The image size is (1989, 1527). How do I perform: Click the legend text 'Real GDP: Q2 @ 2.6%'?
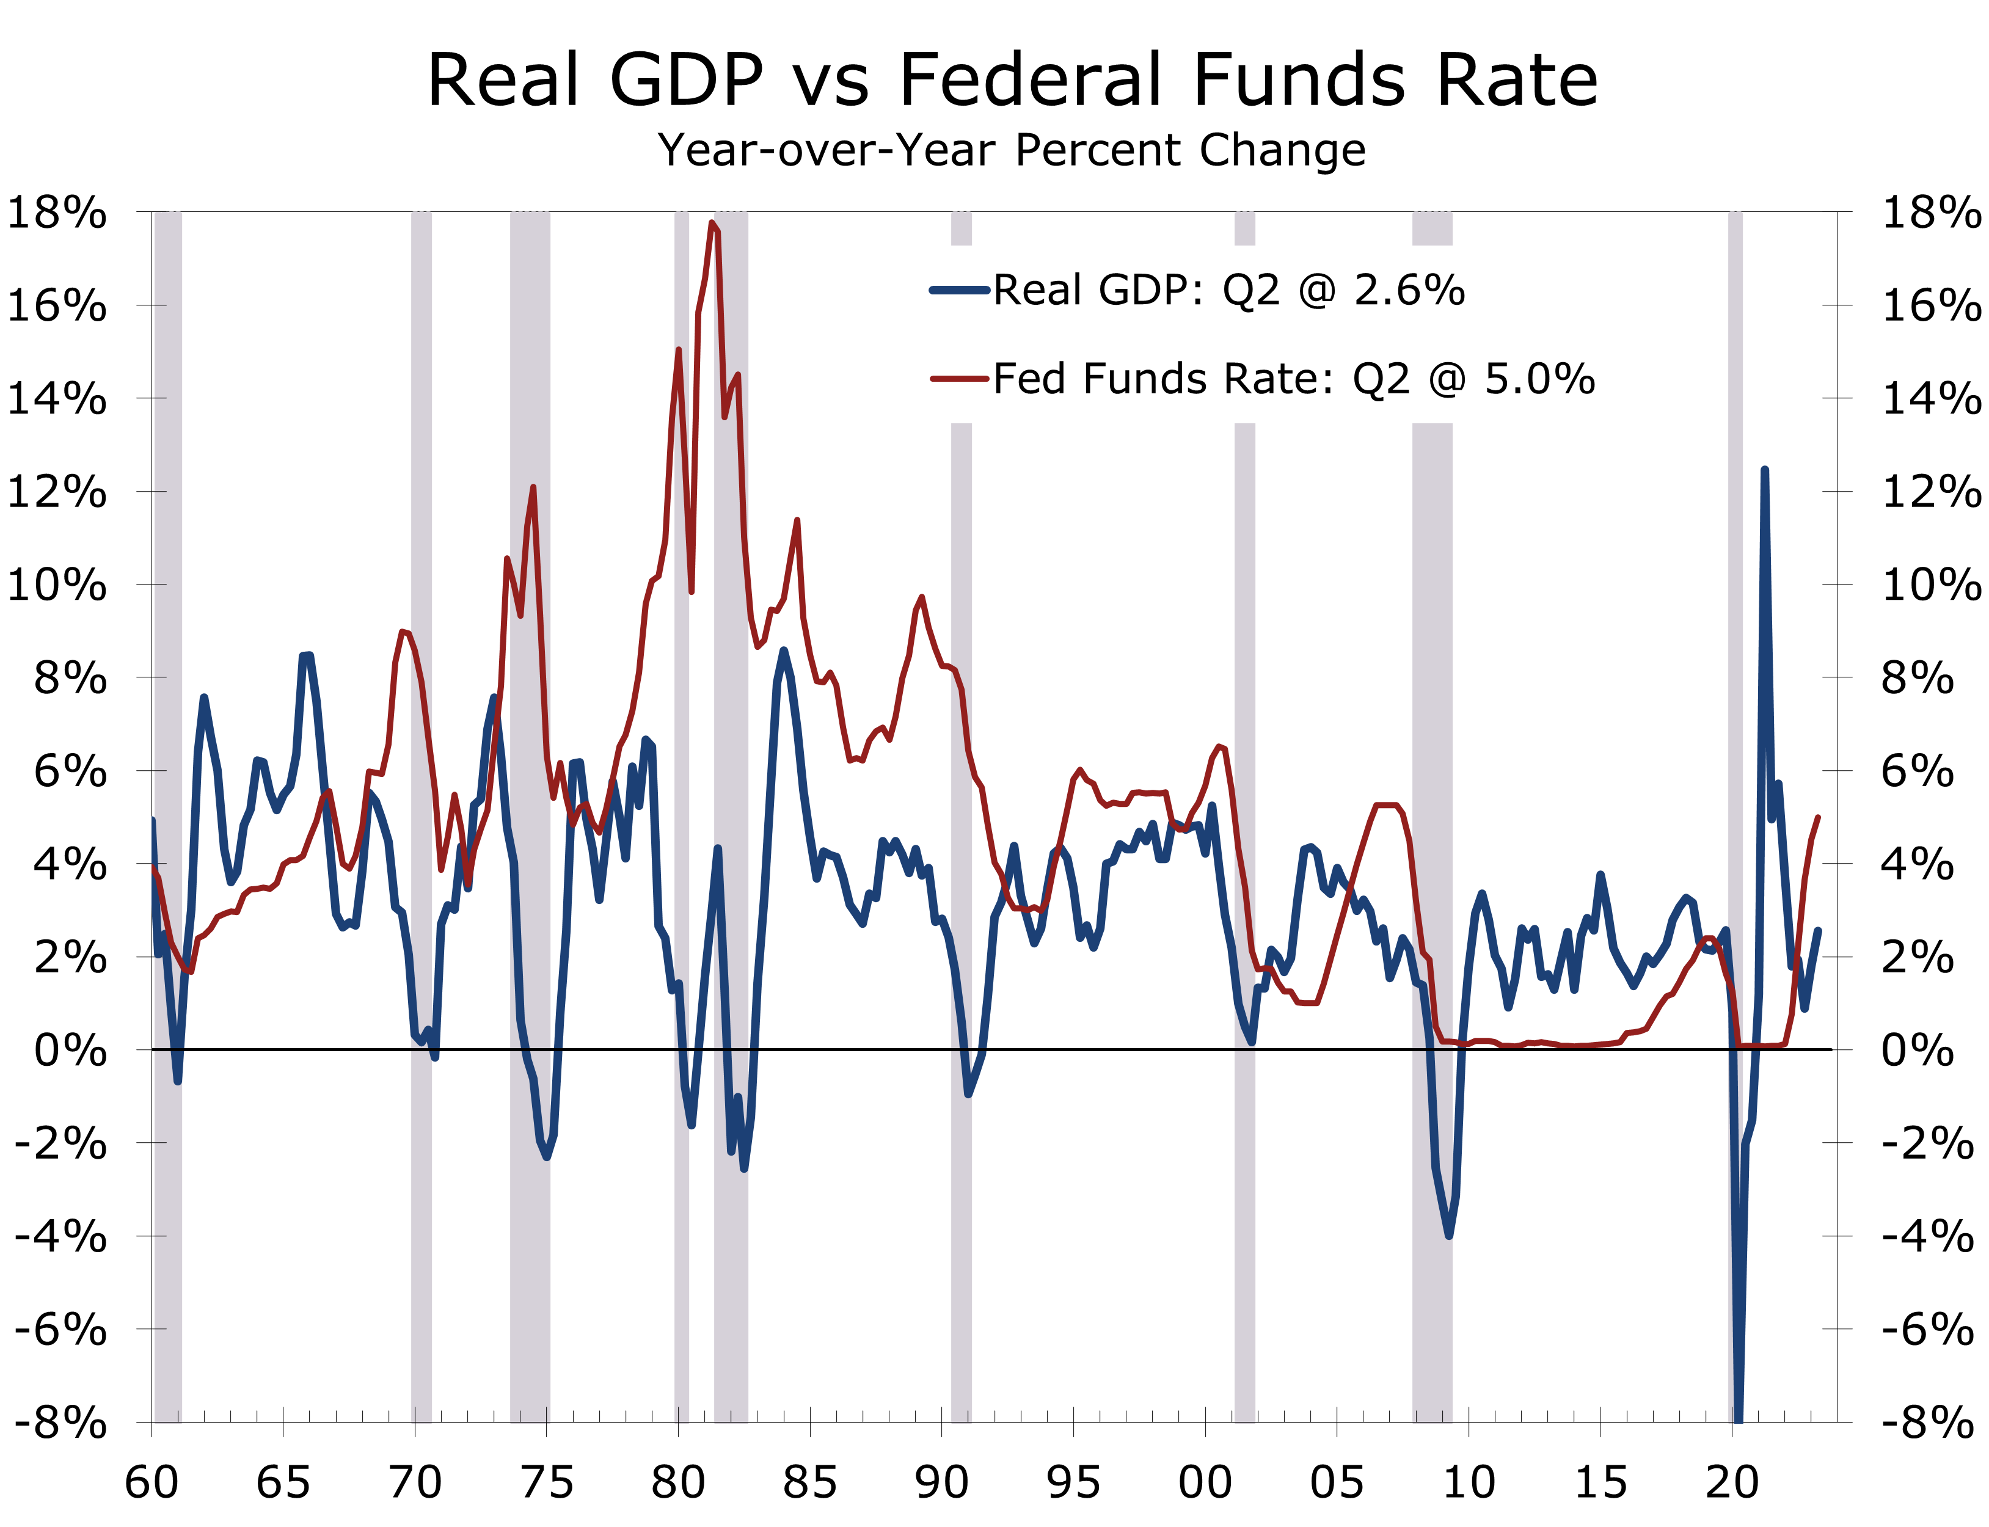[x=1228, y=291]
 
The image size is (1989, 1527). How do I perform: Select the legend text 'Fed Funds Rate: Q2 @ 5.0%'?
[x=1294, y=379]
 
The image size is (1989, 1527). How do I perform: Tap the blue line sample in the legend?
[x=959, y=291]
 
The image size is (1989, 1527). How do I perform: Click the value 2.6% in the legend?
[x=1409, y=291]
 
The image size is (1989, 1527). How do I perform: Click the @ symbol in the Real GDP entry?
[x=1317, y=291]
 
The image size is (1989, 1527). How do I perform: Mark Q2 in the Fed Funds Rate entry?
[x=1381, y=379]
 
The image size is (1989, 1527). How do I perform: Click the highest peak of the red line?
[x=713, y=223]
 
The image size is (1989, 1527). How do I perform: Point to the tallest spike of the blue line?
[x=1764, y=471]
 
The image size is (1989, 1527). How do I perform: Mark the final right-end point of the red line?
[x=1817, y=817]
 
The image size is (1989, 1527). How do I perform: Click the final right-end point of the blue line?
[x=1818, y=930]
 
